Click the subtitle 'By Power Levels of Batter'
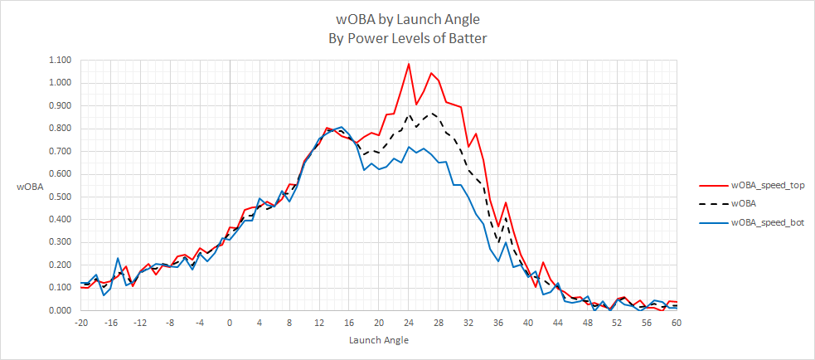(407, 37)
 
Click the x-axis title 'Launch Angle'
(379, 339)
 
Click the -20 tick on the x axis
(80, 323)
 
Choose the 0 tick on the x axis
(230, 323)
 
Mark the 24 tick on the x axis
(409, 323)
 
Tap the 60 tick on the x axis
(677, 323)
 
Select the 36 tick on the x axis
(498, 323)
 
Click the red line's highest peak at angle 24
(409, 64)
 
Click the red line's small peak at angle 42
(543, 263)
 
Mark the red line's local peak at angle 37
(506, 202)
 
